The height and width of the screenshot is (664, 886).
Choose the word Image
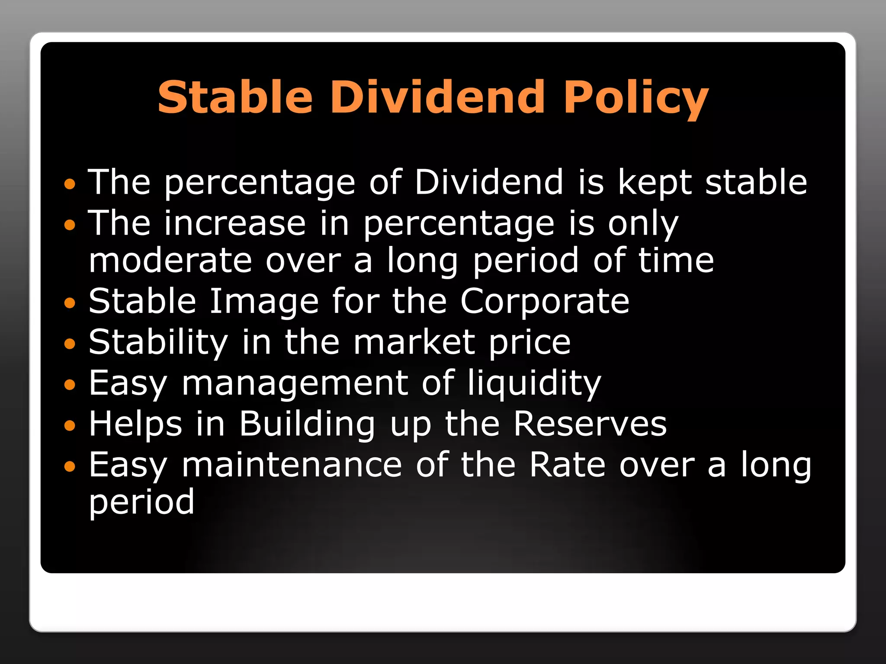(x=264, y=301)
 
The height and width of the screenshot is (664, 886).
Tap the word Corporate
(x=545, y=301)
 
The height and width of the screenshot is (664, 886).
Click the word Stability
(x=158, y=342)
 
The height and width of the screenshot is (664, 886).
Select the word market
(x=415, y=342)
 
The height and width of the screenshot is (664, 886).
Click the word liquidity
(x=534, y=383)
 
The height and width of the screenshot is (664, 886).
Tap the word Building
(x=307, y=424)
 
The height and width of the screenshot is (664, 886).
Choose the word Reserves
(x=590, y=424)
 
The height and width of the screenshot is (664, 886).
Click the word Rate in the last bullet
(x=567, y=465)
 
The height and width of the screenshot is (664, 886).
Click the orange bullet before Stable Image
(x=69, y=303)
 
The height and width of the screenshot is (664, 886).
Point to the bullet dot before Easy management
(x=69, y=385)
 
